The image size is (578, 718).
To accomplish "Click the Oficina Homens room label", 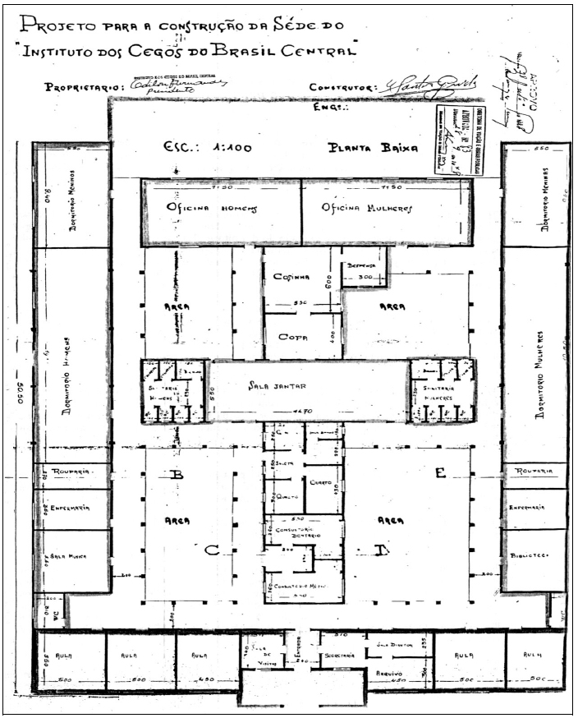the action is click(212, 209).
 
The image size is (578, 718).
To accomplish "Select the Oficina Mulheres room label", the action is click(366, 209).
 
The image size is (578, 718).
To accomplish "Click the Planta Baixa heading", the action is click(373, 149).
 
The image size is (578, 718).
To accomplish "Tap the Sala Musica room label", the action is click(72, 558).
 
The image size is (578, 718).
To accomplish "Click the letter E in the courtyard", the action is click(440, 472).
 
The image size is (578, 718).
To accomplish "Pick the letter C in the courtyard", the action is click(212, 550).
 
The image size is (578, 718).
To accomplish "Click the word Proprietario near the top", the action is click(82, 86).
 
